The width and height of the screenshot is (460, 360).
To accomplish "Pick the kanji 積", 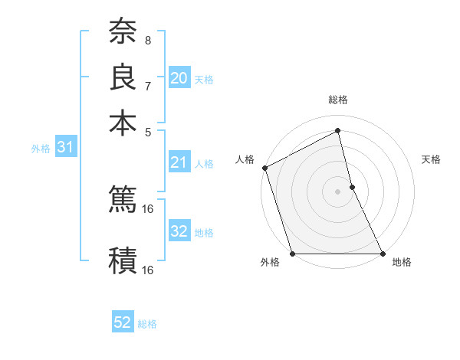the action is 123,260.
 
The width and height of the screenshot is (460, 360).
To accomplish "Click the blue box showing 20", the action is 179,78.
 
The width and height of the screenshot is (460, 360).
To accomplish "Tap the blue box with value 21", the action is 179,162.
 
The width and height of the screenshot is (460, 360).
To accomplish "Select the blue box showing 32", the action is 179,231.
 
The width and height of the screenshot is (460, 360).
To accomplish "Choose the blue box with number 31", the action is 65,148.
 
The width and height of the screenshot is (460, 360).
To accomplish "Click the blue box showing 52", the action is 123,323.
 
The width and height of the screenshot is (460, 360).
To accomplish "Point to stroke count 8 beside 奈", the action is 147,40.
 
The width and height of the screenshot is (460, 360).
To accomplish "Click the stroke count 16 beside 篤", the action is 148,208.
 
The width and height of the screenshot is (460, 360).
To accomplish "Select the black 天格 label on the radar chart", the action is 431,159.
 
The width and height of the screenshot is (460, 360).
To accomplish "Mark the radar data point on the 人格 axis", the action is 264,168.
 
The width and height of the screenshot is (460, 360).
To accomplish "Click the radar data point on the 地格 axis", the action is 382,253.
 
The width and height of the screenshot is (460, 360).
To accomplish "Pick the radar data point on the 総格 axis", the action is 337,131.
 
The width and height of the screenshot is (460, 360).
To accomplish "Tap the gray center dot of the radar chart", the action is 337,191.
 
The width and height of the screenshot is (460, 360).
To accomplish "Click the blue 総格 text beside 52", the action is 147,324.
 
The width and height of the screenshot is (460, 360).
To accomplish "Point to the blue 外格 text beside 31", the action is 41,149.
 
